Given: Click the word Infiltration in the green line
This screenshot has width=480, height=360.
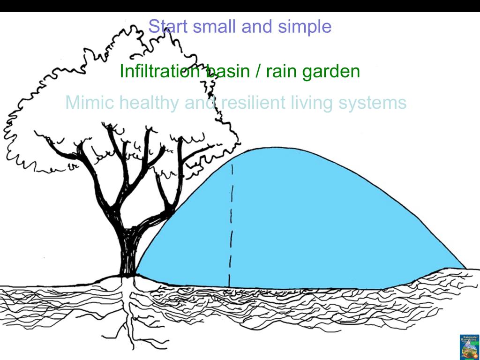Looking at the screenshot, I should (159, 72).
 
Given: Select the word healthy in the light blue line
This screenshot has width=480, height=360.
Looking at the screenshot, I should (149, 102).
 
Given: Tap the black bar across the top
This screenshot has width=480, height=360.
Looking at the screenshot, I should (240, 6).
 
